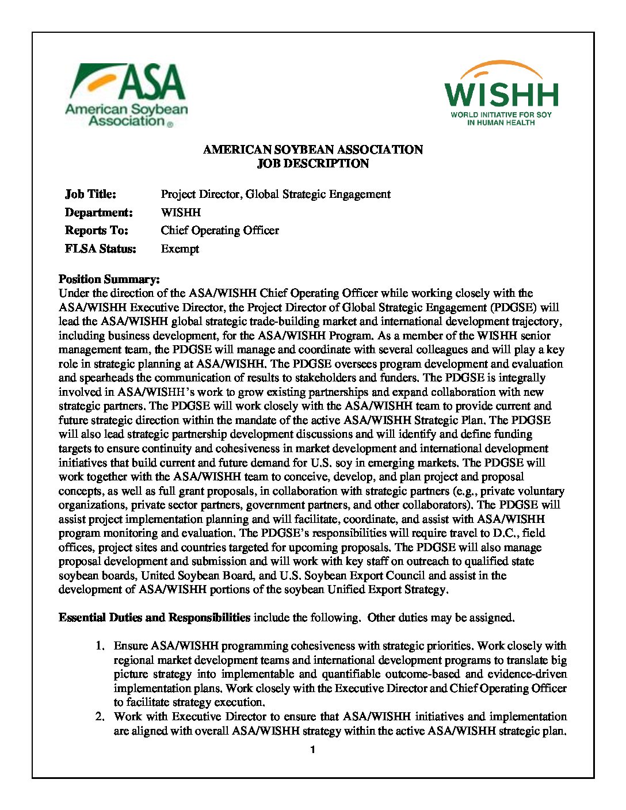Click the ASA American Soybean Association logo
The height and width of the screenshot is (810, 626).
click(x=127, y=95)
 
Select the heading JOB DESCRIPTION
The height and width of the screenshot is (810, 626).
click(x=312, y=163)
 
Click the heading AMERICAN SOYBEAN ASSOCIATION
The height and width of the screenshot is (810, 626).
click(x=312, y=150)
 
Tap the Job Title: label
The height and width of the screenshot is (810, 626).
click(x=90, y=194)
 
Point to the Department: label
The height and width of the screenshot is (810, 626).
click(x=98, y=212)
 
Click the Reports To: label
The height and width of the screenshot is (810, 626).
click(x=96, y=231)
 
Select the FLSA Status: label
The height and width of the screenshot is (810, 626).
click(x=100, y=249)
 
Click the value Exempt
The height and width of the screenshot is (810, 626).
click(x=180, y=249)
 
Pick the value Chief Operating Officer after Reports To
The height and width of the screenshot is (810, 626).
click(x=220, y=231)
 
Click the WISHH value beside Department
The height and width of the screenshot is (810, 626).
click(x=181, y=212)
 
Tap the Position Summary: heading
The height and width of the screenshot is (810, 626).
click(x=109, y=280)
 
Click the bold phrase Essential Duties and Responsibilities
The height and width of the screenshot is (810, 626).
click(x=154, y=618)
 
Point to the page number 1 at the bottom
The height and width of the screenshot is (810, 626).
click(x=312, y=750)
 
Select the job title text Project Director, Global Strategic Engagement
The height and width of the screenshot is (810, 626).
click(x=276, y=194)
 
